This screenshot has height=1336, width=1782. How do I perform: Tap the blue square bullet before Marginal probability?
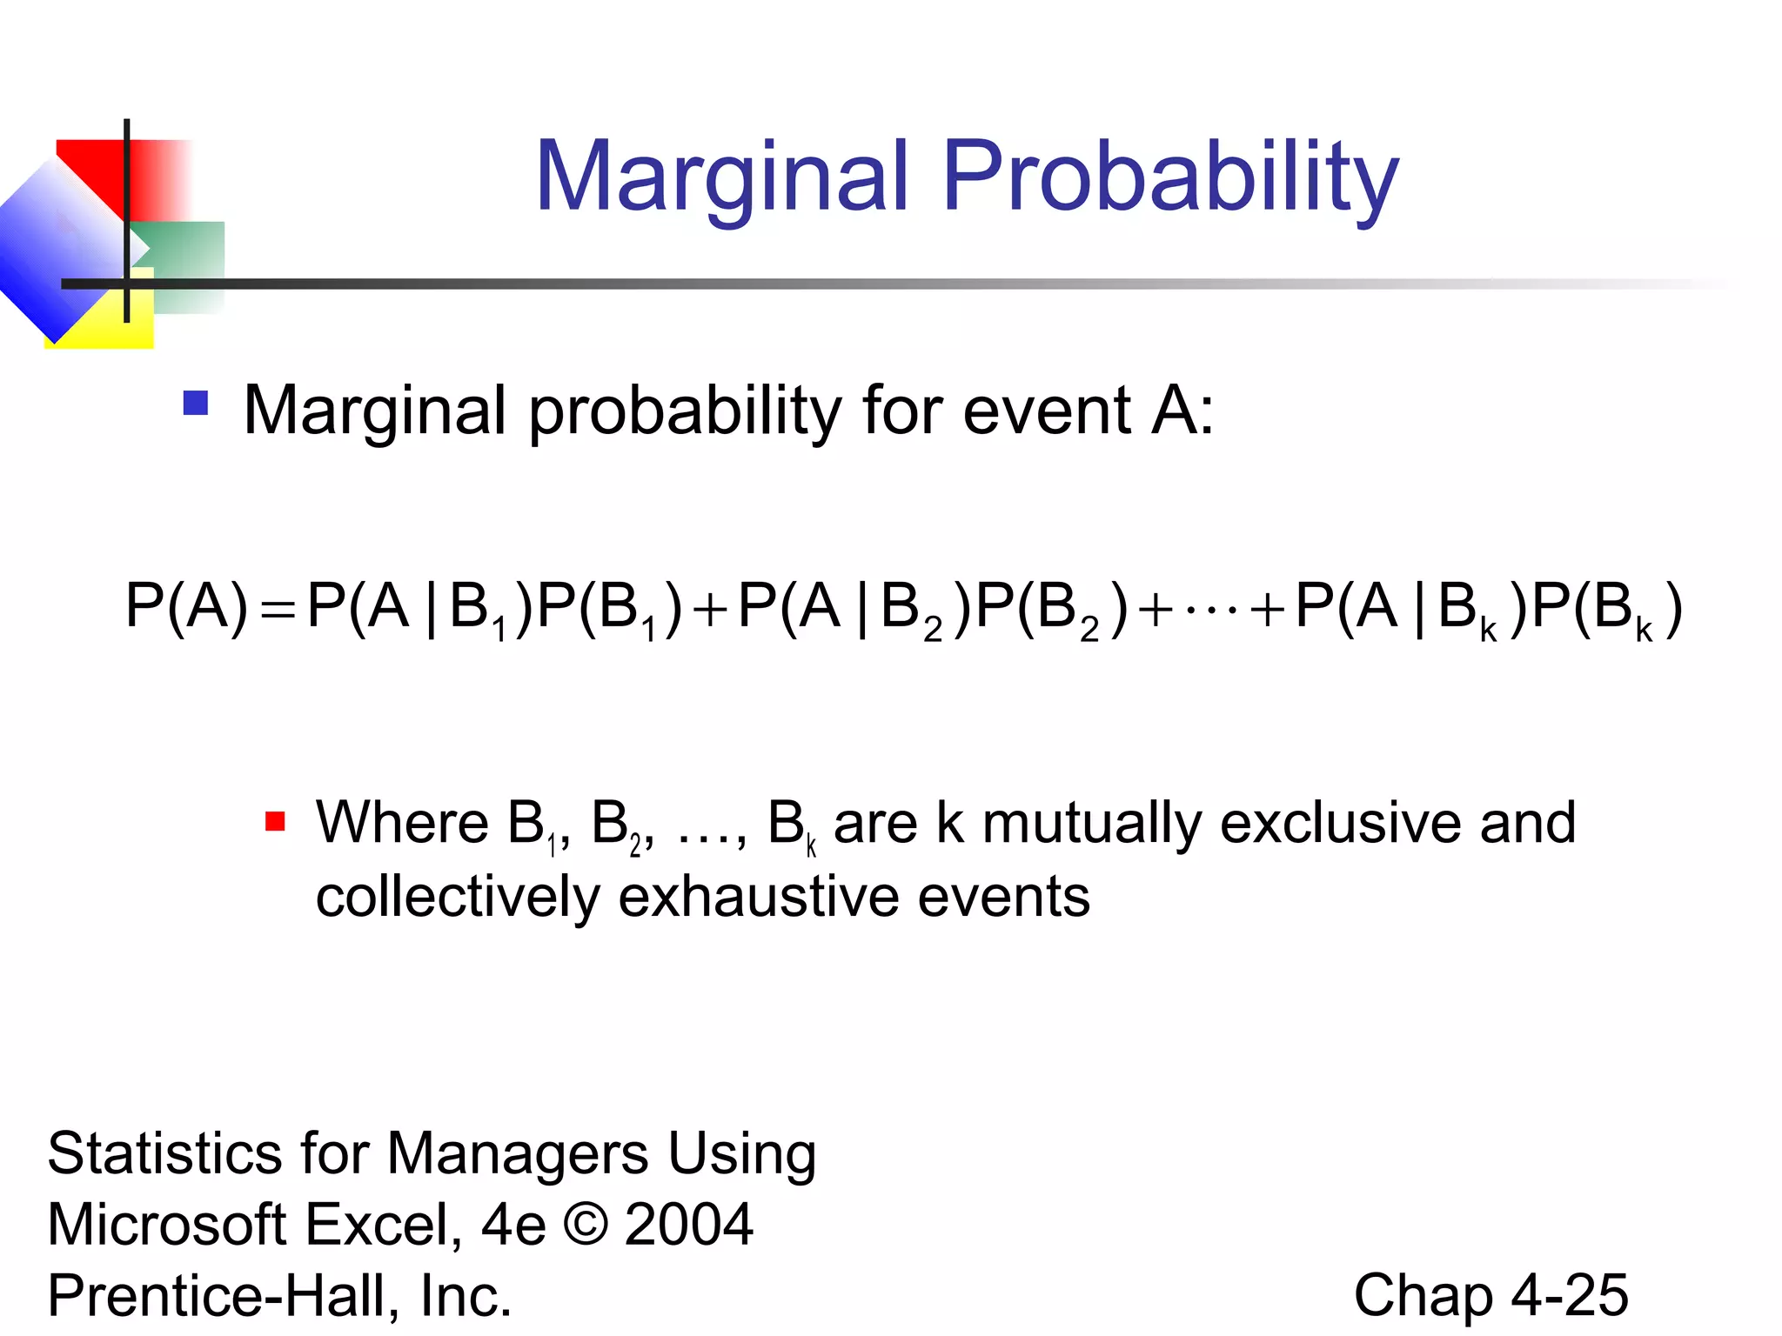[x=196, y=403]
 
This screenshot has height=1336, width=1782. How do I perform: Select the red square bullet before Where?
[x=275, y=821]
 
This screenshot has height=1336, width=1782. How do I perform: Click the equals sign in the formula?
[x=278, y=609]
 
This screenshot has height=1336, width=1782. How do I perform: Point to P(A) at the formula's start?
[x=186, y=606]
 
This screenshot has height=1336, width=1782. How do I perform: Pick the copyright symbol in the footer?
[x=585, y=1225]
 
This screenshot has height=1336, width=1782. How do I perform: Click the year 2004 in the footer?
[x=688, y=1225]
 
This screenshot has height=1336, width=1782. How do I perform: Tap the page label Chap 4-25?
[x=1491, y=1295]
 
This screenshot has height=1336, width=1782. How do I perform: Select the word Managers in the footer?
[x=517, y=1154]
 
